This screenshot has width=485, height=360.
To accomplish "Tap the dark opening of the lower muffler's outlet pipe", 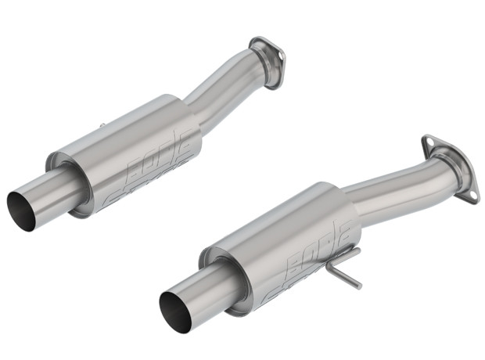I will [x=174, y=306].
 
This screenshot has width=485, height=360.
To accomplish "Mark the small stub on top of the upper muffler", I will [x=104, y=127].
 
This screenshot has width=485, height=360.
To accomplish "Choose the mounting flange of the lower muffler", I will [x=449, y=168].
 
